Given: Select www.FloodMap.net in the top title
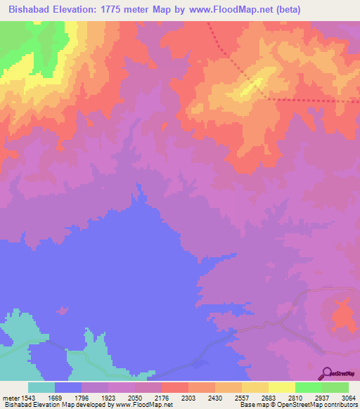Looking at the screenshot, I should pyautogui.click(x=224, y=9).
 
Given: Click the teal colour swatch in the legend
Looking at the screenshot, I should pyautogui.click(x=41, y=387).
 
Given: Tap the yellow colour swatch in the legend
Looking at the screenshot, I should pyautogui.click(x=281, y=387).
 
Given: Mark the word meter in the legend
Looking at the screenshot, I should pyautogui.click(x=11, y=398).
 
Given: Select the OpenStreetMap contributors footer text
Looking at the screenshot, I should pyautogui.click(x=319, y=405).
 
